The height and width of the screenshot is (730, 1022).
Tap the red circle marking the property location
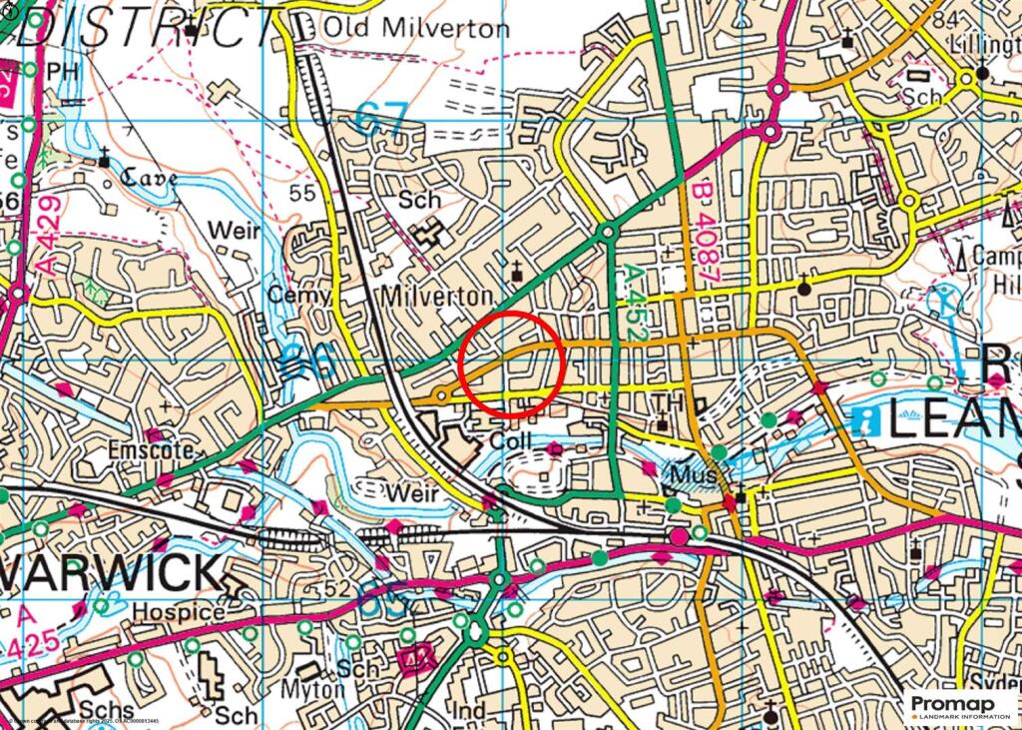[513, 365]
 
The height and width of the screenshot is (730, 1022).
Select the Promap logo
[961, 708]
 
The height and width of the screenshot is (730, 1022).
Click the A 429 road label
[49, 236]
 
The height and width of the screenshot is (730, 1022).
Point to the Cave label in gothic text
[149, 179]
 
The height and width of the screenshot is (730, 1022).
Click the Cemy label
[298, 296]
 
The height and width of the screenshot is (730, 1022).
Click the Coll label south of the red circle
[513, 440]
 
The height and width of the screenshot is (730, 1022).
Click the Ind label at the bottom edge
[469, 711]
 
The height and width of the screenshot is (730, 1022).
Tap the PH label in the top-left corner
[62, 70]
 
